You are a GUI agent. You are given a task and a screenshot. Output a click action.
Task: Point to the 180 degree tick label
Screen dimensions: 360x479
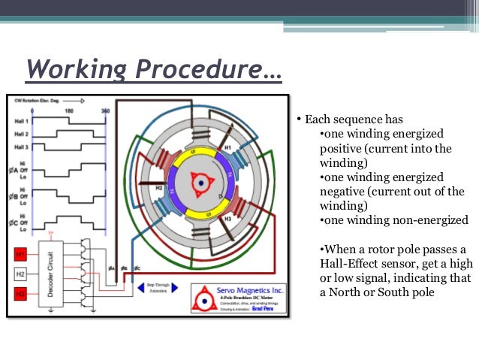point(69,110)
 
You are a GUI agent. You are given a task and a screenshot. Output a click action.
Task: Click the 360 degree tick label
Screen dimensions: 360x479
point(104,110)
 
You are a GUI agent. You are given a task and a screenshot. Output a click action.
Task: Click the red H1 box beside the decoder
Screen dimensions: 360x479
point(20,256)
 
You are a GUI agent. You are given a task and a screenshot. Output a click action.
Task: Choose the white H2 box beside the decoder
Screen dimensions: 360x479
point(20,274)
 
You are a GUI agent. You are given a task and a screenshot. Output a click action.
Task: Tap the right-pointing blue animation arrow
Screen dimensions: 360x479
point(182,287)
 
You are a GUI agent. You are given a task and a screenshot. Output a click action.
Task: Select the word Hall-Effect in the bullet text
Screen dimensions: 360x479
point(349,264)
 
